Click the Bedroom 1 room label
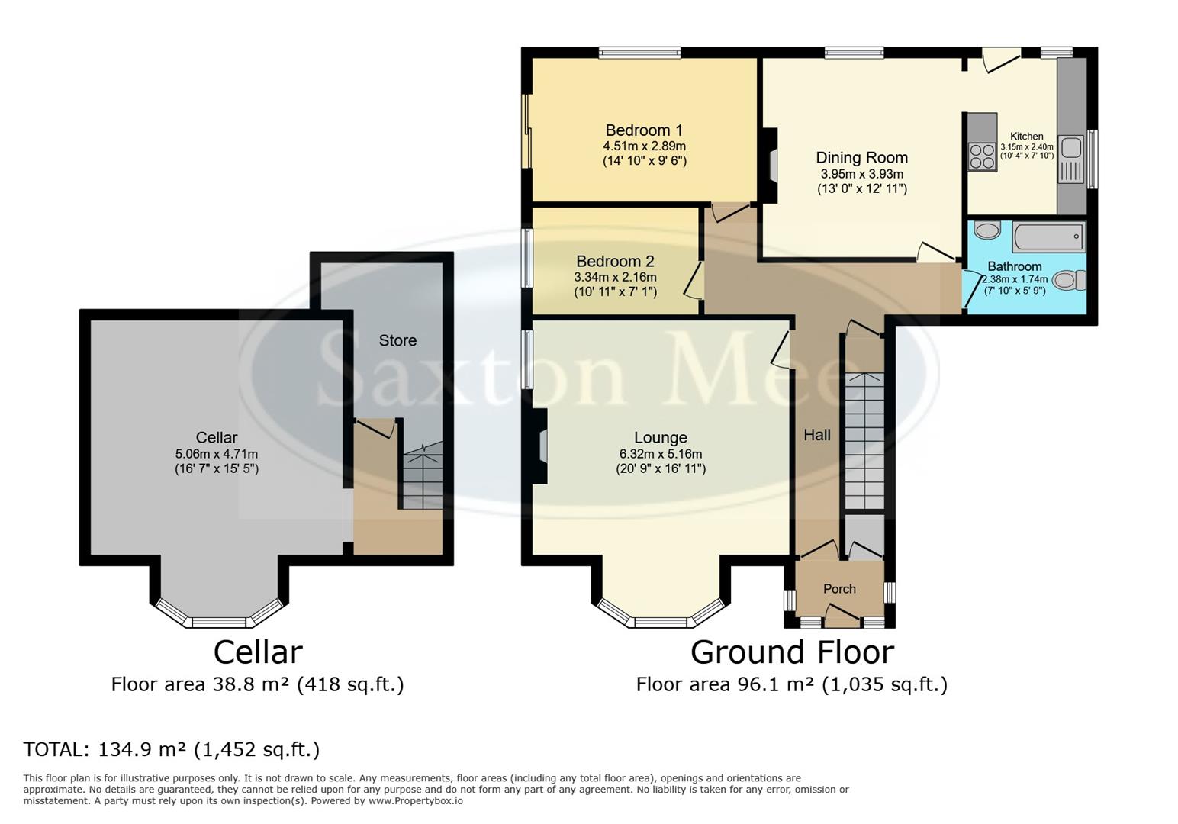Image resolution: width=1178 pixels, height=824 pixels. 644,130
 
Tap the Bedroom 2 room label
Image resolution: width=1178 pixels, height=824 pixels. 615,262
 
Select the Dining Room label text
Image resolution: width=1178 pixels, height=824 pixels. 862,158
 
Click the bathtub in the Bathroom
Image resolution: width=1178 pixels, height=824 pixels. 1048,237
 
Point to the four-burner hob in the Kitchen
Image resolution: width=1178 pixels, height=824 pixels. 982,156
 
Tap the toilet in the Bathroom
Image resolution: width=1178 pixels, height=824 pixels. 1070,281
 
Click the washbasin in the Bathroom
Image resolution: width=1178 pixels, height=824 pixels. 987,230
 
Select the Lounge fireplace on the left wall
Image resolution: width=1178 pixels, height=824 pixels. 541,446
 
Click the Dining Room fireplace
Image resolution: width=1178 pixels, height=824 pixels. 771,165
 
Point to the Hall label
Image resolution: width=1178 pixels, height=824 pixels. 817,435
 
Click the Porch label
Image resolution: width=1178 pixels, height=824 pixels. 839,589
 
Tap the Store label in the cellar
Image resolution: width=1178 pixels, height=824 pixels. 397,340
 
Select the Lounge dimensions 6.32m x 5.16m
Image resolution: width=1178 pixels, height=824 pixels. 661,454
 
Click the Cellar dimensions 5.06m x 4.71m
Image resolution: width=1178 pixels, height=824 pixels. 217,454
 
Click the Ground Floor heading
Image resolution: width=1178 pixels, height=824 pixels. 792,653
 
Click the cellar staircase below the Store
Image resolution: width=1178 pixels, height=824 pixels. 422,478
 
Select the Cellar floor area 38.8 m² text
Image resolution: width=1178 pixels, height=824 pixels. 257,684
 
